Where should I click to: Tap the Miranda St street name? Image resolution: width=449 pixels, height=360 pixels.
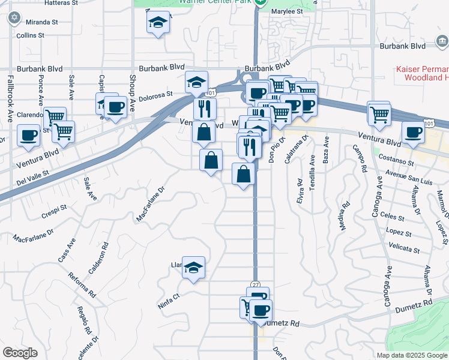pos(41,22)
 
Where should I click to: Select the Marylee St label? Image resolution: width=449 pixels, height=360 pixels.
pos(286,11)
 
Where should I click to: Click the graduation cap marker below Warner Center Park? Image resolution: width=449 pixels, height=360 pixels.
pos(158,23)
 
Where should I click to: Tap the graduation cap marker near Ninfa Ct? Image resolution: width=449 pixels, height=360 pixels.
pos(193,268)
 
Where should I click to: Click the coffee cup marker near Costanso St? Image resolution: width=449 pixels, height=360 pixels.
pos(412,133)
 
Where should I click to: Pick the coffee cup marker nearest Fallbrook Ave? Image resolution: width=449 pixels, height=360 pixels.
pos(28,136)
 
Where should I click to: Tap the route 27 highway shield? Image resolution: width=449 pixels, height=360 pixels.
pos(255,284)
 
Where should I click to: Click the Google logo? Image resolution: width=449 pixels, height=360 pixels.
pos(20,353)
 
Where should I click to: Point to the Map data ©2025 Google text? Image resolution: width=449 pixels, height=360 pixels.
pos(411,355)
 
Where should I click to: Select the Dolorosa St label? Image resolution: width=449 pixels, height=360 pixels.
pos(155,94)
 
